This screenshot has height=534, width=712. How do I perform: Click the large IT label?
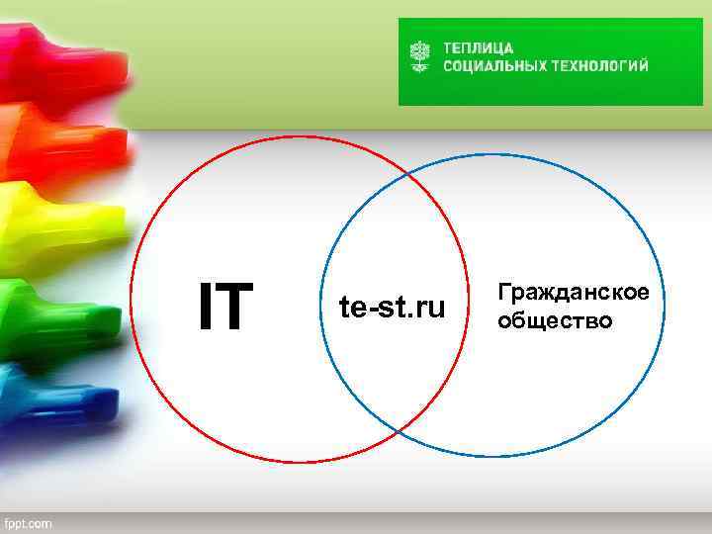226,307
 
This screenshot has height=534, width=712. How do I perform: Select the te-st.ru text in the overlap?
393,308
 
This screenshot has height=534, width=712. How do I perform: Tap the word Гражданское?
574,294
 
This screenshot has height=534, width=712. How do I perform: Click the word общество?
555,321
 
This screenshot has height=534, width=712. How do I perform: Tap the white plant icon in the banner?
421,56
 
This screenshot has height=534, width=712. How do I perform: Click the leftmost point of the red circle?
131,297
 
